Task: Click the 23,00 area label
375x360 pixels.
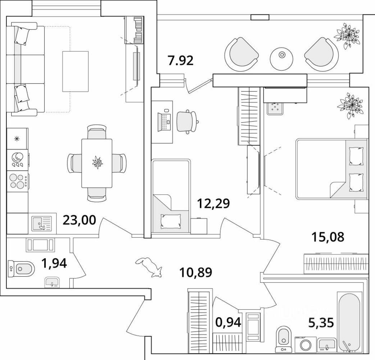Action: [79, 220]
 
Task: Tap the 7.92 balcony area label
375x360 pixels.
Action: [180, 60]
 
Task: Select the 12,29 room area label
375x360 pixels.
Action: [213, 203]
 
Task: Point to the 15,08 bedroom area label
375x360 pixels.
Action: [328, 237]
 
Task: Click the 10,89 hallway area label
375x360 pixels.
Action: [196, 272]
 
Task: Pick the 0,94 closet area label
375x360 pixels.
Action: [228, 323]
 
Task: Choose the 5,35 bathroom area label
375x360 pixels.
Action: [321, 323]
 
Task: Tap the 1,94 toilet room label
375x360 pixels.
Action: [54, 264]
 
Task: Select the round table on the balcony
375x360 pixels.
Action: [282, 59]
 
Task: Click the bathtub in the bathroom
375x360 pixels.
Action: [348, 322]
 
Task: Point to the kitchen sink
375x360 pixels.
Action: [42, 224]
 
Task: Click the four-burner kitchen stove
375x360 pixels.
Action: [18, 181]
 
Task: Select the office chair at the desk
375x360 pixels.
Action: [187, 121]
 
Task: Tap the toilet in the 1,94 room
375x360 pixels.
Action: [21, 269]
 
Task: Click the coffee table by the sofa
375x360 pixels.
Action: [76, 71]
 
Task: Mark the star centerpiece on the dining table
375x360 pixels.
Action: [97, 162]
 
